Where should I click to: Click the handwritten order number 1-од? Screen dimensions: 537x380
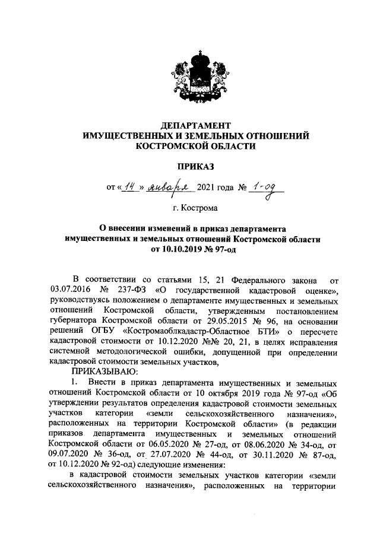click(267, 189)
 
